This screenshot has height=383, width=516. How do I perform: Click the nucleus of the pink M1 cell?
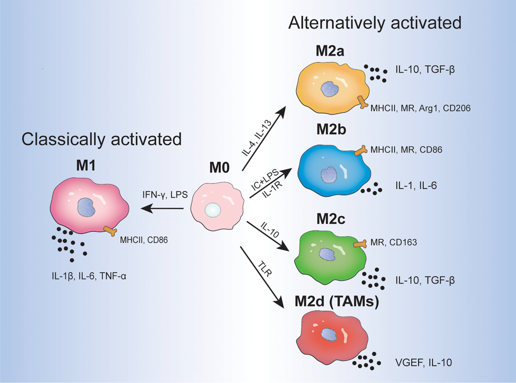86,207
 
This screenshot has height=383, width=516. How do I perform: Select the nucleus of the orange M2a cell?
330,89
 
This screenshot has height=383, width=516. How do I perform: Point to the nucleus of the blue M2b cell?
329,174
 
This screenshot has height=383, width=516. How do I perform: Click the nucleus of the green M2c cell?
327,255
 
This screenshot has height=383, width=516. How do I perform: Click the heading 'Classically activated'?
102,139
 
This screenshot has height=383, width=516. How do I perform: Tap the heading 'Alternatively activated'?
375,23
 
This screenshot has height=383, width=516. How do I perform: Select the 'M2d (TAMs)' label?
337,301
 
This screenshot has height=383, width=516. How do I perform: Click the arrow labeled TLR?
262,277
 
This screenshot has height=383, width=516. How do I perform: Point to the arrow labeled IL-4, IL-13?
264,138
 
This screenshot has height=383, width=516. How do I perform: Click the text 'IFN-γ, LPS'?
165,194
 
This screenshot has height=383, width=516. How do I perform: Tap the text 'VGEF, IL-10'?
423,362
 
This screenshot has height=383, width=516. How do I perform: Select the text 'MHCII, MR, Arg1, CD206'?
420,108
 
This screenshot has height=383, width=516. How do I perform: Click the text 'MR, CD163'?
394,243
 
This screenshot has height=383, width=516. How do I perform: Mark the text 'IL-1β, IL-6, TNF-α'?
89,276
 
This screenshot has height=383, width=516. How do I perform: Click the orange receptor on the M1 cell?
110,231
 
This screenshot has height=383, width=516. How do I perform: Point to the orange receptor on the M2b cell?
360,151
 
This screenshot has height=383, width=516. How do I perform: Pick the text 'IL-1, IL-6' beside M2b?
416,186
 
